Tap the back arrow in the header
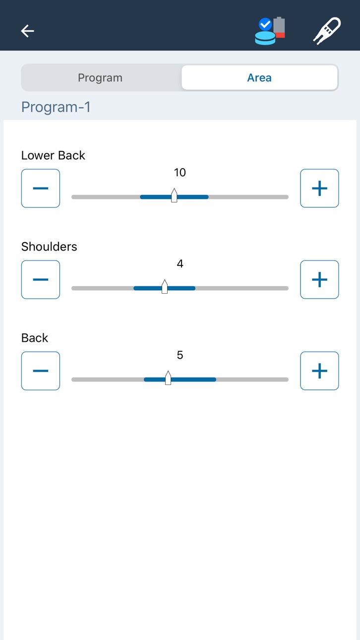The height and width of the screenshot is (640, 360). click(27, 31)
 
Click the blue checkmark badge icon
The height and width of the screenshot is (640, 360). click(265, 24)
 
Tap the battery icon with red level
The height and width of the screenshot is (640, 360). click(279, 27)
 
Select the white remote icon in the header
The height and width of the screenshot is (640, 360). click(327, 31)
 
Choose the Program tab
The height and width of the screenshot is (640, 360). click(100, 78)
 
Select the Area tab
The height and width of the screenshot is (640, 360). click(259, 77)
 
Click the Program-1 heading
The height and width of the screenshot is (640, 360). click(56, 107)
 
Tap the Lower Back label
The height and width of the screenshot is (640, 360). click(53, 155)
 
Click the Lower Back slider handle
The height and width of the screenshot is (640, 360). click(174, 195)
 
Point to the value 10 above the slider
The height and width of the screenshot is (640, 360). click(180, 172)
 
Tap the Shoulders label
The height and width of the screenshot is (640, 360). click(49, 247)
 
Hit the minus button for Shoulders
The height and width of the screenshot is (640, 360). click(41, 279)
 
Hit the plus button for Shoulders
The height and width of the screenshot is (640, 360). click(319, 279)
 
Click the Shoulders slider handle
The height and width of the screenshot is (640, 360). click(165, 287)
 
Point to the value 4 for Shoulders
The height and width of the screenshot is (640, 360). click(180, 264)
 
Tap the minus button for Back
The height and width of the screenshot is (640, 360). click(41, 371)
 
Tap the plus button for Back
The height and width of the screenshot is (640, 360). click(319, 371)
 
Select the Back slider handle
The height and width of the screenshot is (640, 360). click(168, 378)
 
